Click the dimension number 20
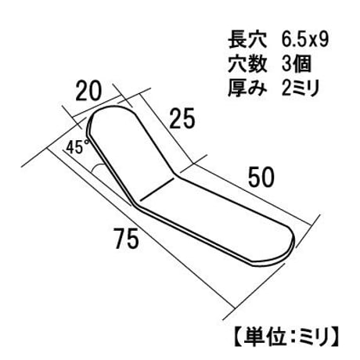(88, 91)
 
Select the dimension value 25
(182, 118)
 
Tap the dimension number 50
(261, 178)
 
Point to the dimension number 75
(126, 238)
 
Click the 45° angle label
(77, 147)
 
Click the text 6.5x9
(304, 40)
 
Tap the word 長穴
(247, 41)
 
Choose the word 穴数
(247, 64)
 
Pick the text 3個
(297, 64)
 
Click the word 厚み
(247, 88)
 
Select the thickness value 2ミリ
(301, 88)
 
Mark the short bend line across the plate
(157, 189)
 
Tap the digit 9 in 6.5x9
(323, 40)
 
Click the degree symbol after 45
(88, 142)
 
